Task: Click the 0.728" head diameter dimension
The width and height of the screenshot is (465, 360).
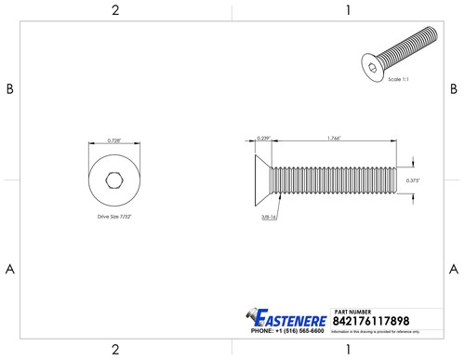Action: coord(113,140)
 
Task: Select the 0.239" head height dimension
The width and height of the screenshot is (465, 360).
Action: coord(263,139)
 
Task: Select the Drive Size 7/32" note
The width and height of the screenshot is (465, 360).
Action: coord(114,215)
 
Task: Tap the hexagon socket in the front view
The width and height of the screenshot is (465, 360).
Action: coord(113,180)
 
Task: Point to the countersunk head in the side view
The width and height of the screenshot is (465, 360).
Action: coord(265,180)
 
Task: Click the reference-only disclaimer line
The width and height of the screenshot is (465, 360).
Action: coord(381,330)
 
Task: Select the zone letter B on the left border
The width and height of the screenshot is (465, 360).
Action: coord(10,89)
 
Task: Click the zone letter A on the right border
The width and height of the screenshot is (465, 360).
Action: coord(454,269)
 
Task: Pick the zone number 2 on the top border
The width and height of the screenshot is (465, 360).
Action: coord(114,10)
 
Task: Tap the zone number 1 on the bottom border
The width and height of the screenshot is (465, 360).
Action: coord(347,350)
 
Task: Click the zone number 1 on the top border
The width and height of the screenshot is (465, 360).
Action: coord(347,10)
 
